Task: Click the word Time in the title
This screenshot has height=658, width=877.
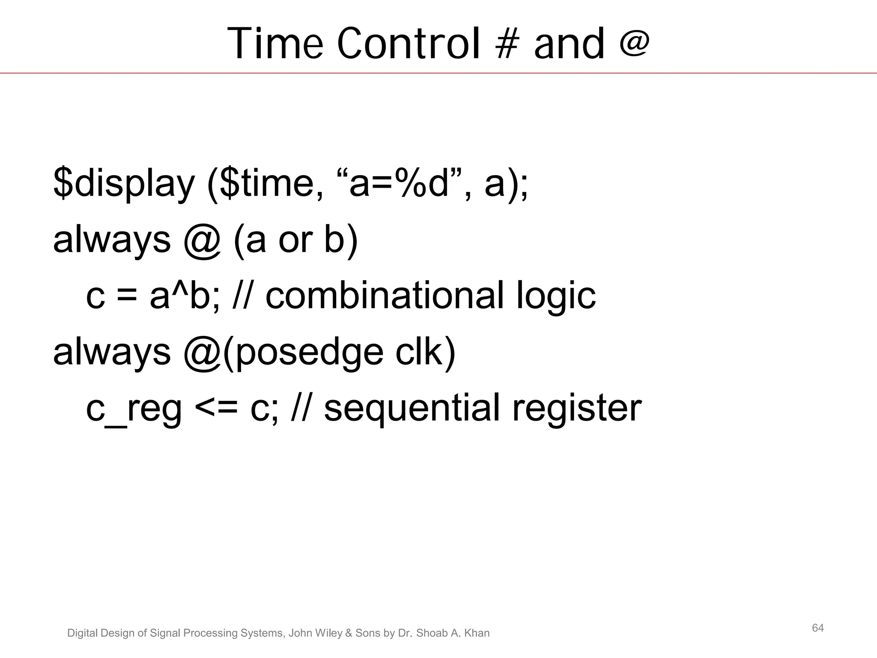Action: [274, 44]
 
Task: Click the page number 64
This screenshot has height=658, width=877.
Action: [817, 628]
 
